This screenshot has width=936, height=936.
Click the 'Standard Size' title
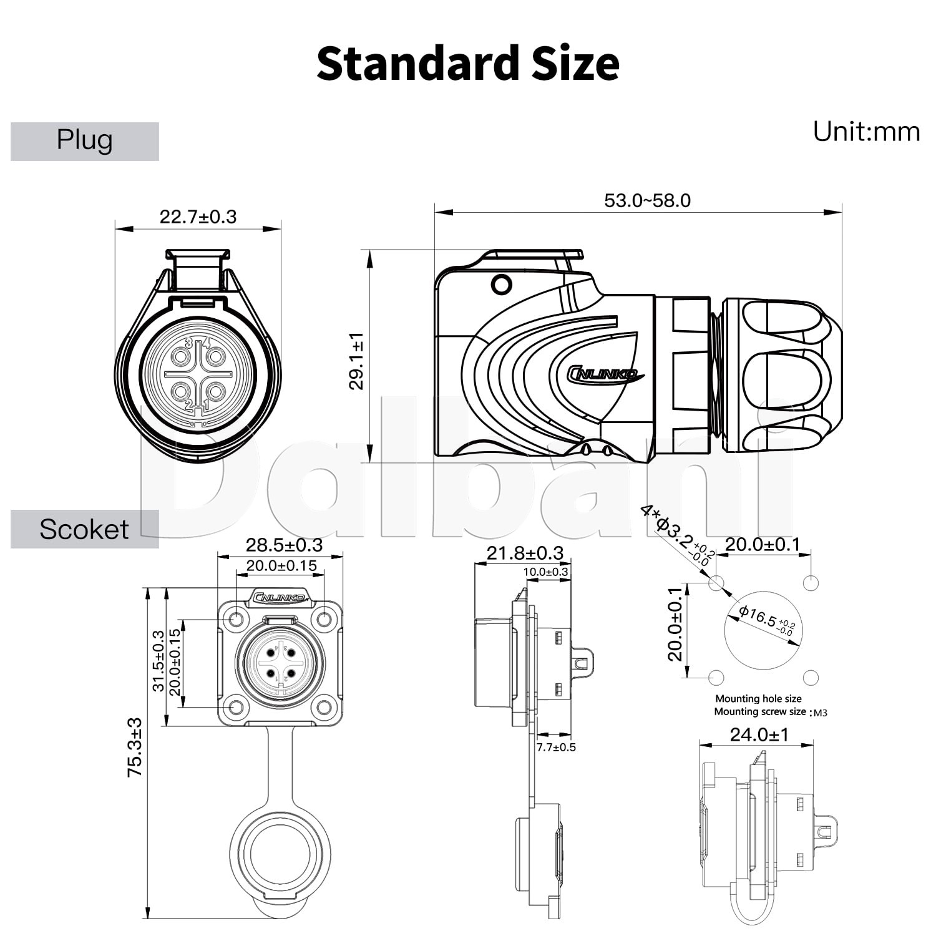point(468,64)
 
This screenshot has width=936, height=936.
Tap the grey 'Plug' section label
point(85,141)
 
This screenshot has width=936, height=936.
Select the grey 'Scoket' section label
point(85,529)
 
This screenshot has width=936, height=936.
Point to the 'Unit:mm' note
point(866,132)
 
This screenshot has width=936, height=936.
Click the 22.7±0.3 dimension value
point(198,217)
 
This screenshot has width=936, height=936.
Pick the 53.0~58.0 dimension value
point(647,200)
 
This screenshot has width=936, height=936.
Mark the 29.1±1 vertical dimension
point(356,361)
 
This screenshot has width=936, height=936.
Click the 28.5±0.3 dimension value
point(284,545)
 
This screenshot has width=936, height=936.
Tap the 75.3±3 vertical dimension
point(135,748)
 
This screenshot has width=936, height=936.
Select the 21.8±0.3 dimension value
point(525,553)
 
